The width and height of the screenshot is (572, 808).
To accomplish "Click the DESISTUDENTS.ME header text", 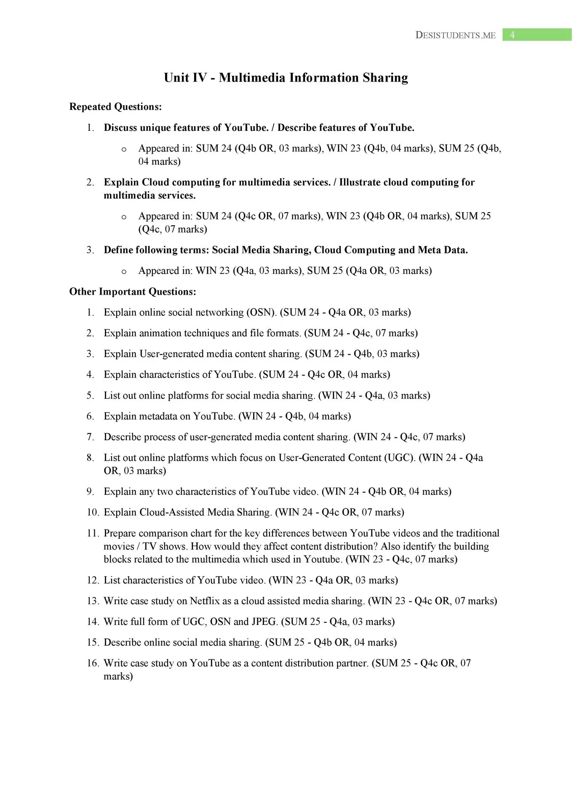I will (x=455, y=35).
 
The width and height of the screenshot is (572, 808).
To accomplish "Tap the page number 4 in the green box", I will (x=512, y=35).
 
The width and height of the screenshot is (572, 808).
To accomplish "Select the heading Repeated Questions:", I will (x=115, y=107).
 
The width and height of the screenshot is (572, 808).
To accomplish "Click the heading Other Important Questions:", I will (x=133, y=292).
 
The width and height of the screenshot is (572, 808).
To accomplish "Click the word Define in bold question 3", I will (x=119, y=250).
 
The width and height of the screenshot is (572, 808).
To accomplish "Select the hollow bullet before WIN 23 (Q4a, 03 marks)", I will (x=124, y=271).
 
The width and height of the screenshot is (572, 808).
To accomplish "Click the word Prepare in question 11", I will (x=120, y=533).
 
